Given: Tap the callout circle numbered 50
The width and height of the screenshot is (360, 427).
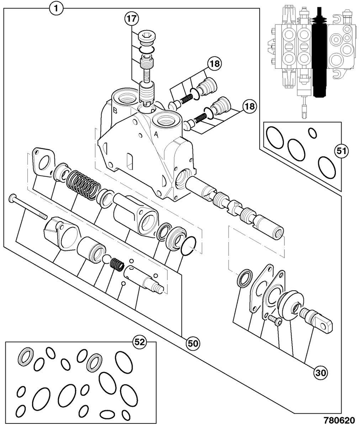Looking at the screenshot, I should [x=193, y=343].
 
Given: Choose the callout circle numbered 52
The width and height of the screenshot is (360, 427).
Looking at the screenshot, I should [x=140, y=342].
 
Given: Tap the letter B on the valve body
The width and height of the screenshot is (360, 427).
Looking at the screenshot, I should [x=115, y=111].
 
